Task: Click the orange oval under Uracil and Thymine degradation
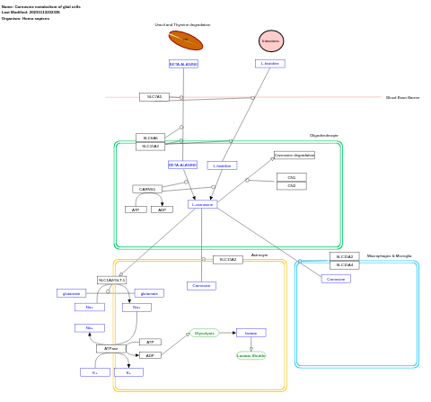[185, 40]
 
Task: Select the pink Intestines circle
[270, 40]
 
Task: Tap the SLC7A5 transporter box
[154, 97]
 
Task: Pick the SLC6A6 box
[150, 138]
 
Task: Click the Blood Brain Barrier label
[402, 97]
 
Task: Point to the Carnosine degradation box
[294, 156]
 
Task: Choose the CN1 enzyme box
[291, 177]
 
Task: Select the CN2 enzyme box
[291, 186]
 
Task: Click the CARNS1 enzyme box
[147, 189]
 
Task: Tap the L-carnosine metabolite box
[202, 204]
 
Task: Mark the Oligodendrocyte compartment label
[323, 136]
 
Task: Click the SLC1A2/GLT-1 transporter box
[111, 280]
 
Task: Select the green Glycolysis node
[204, 333]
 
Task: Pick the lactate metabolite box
[251, 333]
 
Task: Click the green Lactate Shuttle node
[251, 355]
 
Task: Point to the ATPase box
[110, 348]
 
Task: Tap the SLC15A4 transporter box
[344, 265]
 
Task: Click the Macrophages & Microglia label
[389, 256]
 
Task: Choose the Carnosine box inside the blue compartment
[335, 279]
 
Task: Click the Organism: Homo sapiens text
[25, 18]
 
